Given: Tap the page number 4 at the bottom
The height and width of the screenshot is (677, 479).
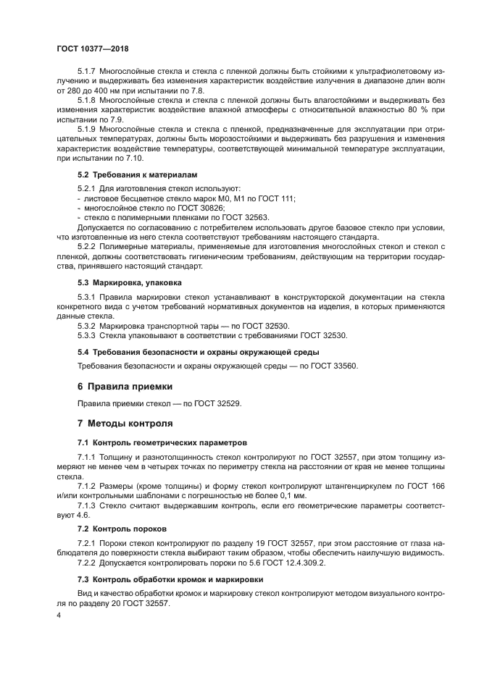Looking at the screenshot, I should [x=59, y=615].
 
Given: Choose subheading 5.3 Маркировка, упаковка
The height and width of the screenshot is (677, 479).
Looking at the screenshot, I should [x=130, y=282].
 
